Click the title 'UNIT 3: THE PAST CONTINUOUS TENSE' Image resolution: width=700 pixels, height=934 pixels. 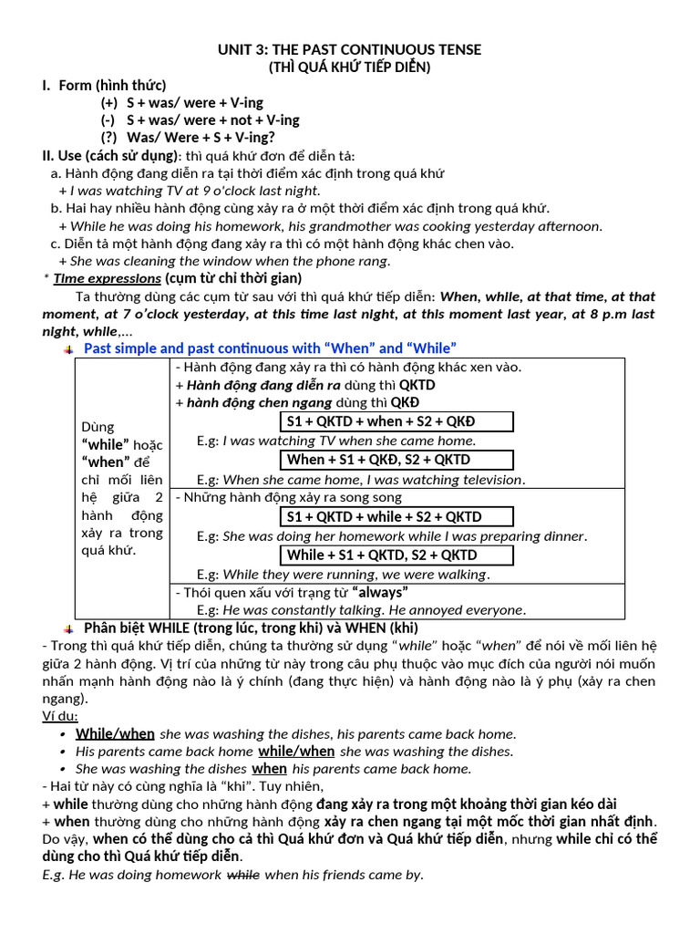349,49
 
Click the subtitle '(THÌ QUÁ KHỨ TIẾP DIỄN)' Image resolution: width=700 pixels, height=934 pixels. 349,67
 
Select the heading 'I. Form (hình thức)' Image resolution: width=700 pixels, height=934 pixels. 103,85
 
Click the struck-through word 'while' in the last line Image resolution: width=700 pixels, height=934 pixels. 242,875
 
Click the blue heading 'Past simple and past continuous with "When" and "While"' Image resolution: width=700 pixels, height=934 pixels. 270,348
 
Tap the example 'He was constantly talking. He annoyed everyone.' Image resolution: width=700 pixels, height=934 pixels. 374,609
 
